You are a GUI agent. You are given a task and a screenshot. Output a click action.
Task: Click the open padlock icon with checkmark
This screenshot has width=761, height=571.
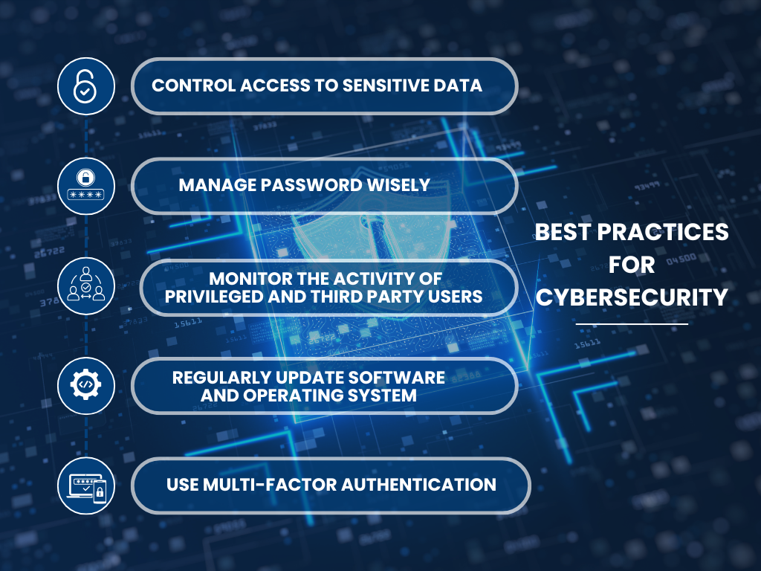tap(86, 86)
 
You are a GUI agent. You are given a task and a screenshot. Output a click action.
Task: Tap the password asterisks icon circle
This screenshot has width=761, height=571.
tap(86, 186)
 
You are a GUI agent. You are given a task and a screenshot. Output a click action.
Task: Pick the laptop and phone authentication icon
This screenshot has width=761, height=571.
tap(86, 485)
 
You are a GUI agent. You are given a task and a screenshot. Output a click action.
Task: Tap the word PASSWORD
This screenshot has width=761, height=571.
tap(311, 185)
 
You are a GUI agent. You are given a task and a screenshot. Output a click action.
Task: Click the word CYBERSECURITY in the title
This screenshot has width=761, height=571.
tap(632, 297)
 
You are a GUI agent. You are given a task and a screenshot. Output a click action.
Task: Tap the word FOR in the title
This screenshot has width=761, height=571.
tap(632, 265)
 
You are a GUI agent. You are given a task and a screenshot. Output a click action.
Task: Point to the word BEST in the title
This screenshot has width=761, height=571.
tap(563, 232)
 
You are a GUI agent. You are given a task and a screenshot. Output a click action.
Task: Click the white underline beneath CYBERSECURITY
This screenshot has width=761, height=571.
tap(632, 323)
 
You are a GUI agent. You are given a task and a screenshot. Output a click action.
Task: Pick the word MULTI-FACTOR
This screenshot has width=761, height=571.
tap(269, 485)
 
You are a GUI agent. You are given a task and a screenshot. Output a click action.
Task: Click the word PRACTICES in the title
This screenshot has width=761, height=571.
tap(663, 232)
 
